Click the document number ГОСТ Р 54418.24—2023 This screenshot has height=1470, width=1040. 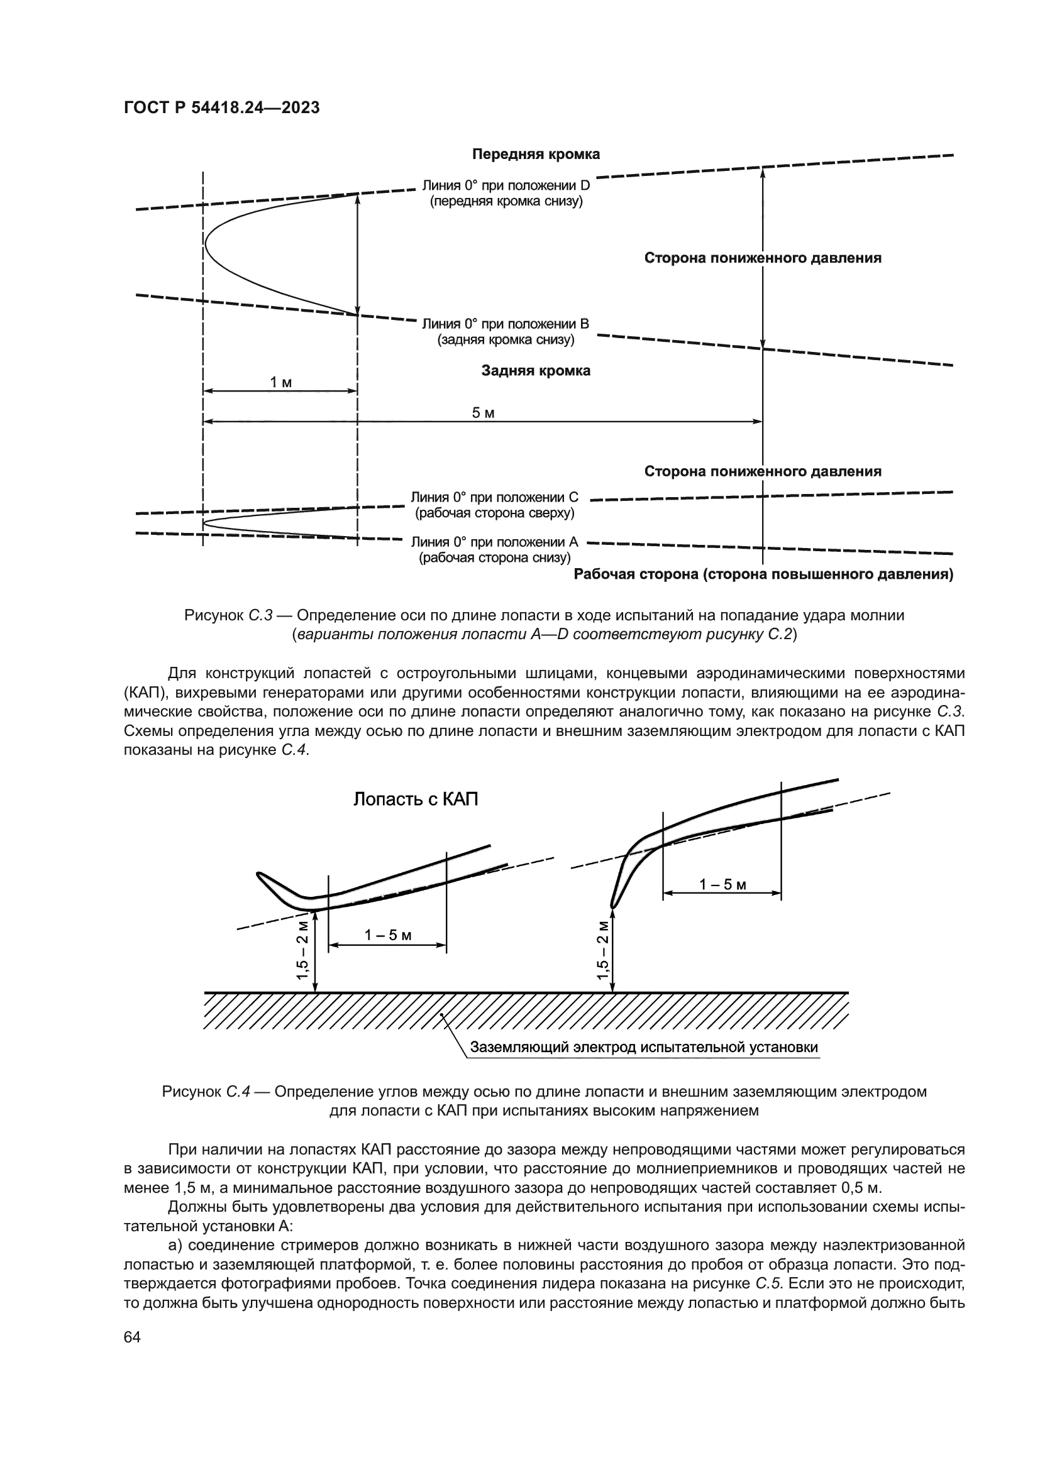[x=221, y=107]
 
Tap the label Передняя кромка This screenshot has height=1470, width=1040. [x=535, y=155]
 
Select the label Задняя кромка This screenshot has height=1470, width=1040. [x=535, y=371]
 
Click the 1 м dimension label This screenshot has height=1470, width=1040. [x=280, y=382]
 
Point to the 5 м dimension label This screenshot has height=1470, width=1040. [x=483, y=413]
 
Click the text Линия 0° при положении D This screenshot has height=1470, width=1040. [x=506, y=186]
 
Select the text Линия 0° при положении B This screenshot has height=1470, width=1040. [x=506, y=324]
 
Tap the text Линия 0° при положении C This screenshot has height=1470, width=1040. [x=494, y=498]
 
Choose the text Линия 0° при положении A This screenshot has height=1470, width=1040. [x=494, y=542]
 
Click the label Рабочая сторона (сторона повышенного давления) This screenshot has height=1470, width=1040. [x=763, y=574]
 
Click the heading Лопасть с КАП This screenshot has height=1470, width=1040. [x=416, y=799]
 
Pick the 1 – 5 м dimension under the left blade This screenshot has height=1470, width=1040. [x=387, y=935]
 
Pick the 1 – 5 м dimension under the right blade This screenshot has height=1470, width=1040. [x=722, y=885]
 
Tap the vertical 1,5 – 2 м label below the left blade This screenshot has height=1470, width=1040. [x=302, y=950]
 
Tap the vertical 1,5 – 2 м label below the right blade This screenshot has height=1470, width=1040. [x=602, y=950]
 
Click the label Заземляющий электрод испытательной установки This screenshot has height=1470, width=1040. [x=644, y=1048]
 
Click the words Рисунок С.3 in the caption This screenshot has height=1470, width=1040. [x=229, y=615]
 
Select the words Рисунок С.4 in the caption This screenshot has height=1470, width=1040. [x=206, y=1091]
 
